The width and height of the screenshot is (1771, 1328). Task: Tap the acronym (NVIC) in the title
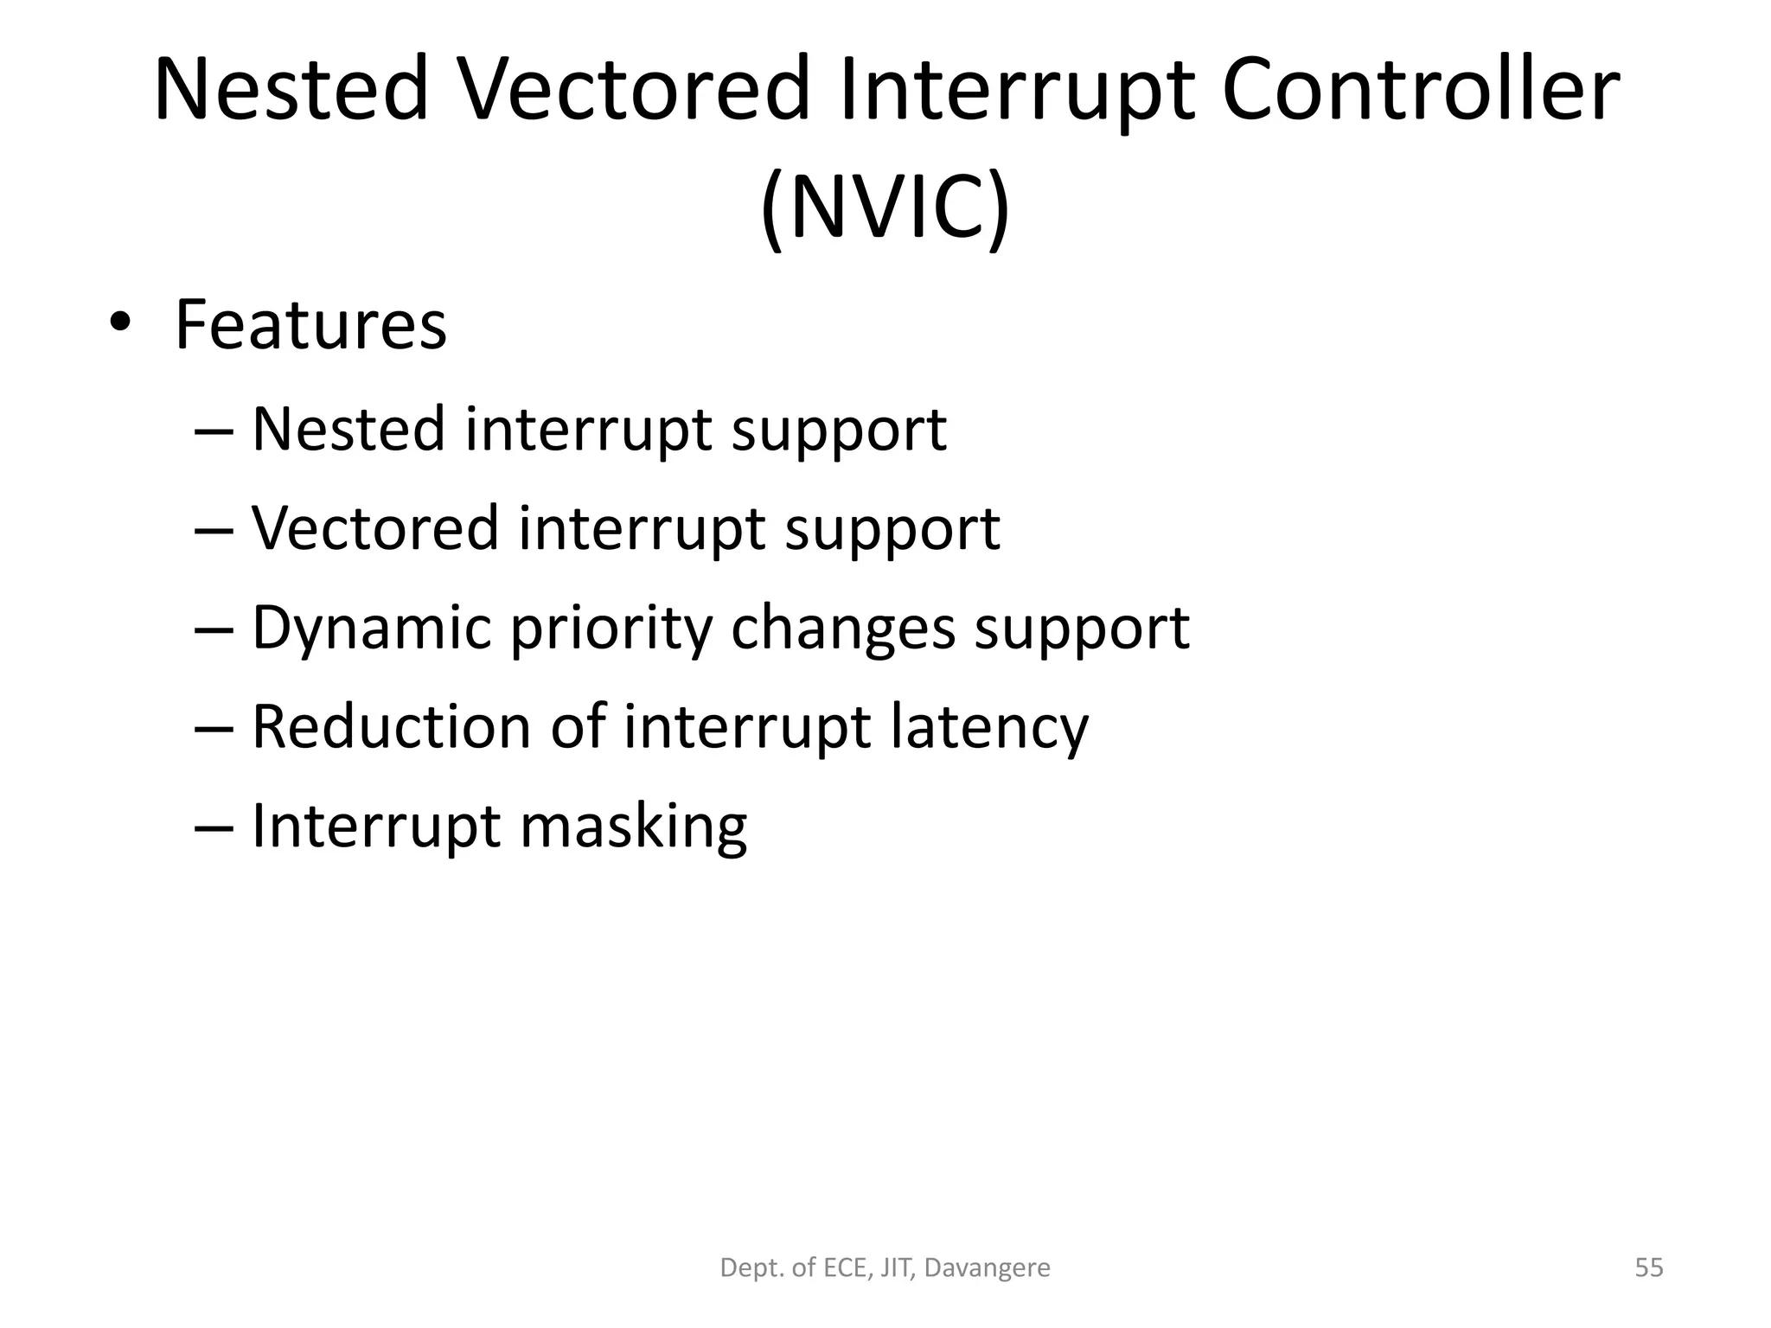coord(885,208)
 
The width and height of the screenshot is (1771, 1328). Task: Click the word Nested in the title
coord(291,90)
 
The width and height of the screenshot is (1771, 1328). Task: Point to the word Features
coord(310,325)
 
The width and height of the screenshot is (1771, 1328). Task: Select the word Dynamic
coord(371,628)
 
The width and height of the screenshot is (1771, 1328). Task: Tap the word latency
coord(988,727)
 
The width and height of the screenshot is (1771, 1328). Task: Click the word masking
coord(633,827)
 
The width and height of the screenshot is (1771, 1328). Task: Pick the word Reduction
coord(391,727)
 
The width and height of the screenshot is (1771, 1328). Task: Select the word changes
coord(843,629)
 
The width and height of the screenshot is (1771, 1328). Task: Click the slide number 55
coord(1649,1268)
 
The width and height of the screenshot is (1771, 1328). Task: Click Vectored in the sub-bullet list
coord(375,528)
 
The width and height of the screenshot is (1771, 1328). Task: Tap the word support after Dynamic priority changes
coord(1082,629)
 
